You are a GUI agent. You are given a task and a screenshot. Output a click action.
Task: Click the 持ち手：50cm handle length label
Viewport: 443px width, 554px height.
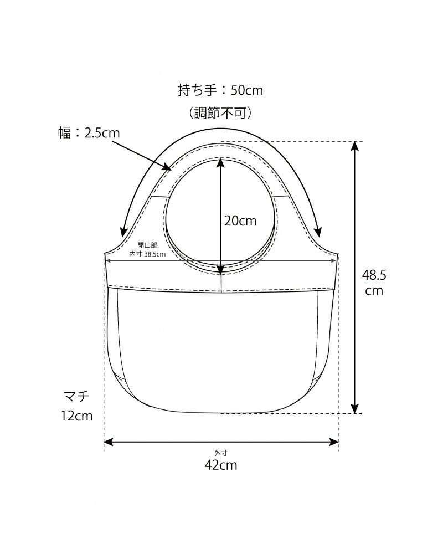pos(220,90)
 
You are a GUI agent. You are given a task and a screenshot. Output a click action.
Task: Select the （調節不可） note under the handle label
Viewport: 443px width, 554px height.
pos(221,114)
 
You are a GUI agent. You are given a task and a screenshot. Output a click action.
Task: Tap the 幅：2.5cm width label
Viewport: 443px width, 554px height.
pos(89,133)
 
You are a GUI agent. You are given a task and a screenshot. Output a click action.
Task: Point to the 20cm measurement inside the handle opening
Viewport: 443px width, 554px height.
pos(240,220)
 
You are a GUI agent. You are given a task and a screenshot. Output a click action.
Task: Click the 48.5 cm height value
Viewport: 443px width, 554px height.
pos(374,282)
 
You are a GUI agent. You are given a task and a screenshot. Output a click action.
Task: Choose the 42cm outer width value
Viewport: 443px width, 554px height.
pos(220,465)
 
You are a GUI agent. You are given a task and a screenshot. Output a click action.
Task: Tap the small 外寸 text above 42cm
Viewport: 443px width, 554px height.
pos(221,453)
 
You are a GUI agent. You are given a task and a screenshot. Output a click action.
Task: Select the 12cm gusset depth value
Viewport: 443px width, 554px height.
pos(77,416)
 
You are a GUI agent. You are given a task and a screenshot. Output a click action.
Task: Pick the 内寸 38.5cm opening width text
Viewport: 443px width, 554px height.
pos(147,254)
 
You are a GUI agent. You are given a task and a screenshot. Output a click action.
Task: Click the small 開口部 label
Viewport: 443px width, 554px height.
pos(147,245)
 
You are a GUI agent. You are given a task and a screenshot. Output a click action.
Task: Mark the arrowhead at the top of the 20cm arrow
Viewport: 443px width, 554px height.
pos(221,162)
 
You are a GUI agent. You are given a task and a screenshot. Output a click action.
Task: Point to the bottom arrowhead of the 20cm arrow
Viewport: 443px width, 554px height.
pos(221,270)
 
